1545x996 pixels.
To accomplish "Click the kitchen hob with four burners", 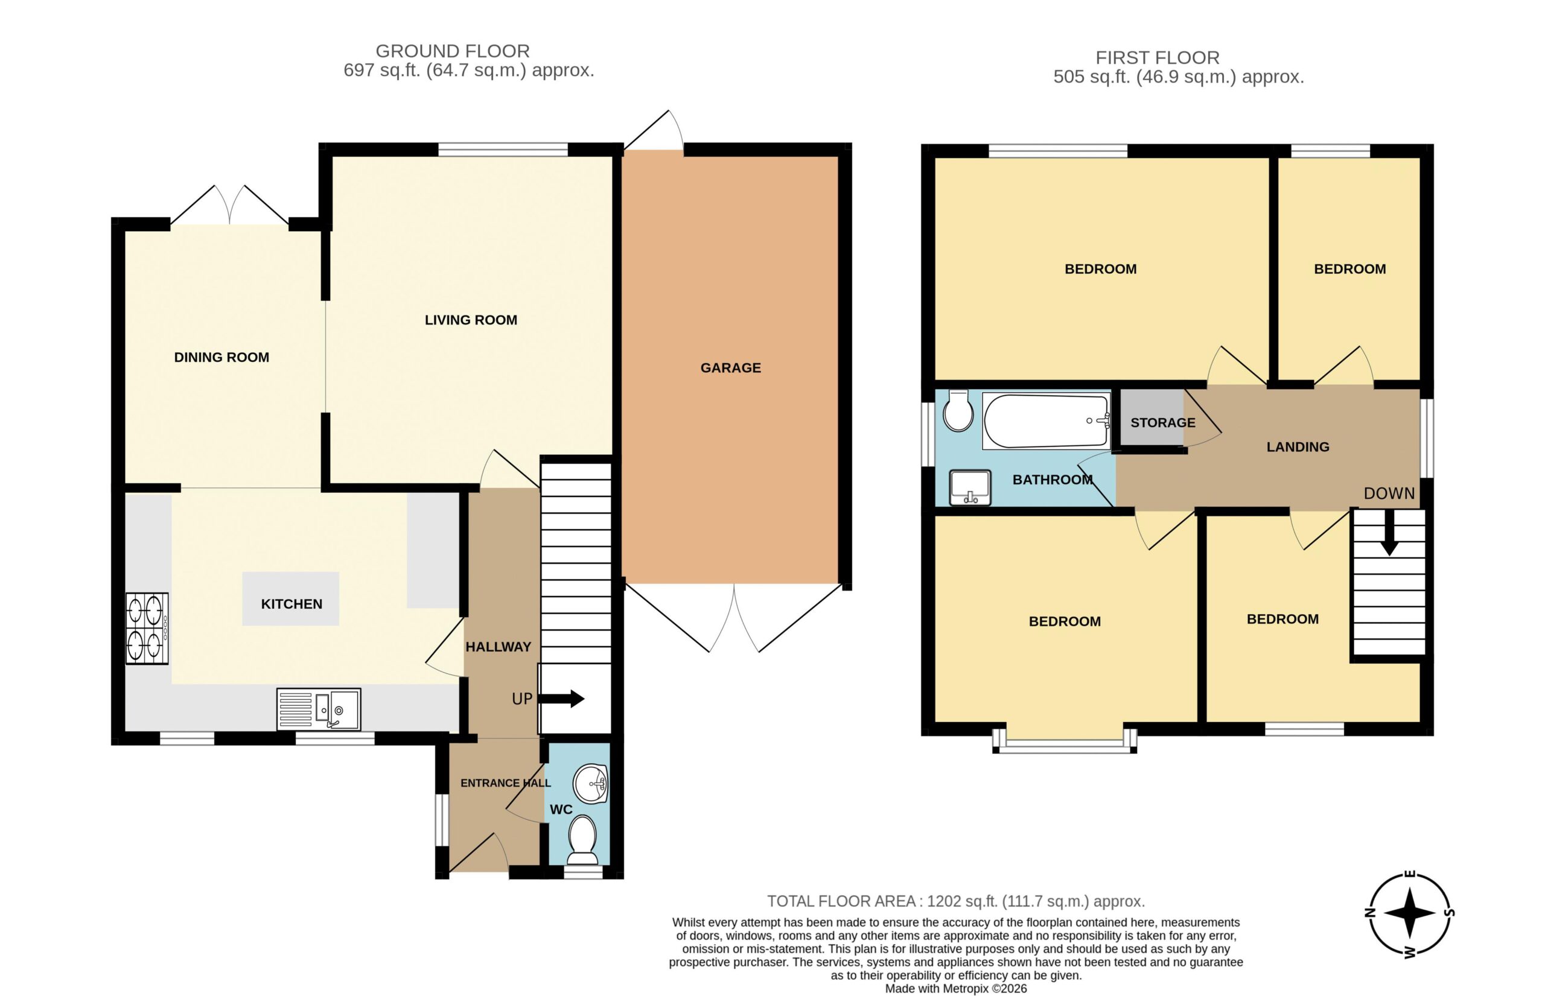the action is click(147, 628).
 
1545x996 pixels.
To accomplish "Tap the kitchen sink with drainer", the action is click(318, 709).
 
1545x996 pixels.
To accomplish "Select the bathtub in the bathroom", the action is click(1046, 420).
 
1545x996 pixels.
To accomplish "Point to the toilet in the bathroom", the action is click(958, 410).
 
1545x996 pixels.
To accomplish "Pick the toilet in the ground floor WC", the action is click(582, 840).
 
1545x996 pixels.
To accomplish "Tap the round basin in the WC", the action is click(590, 784).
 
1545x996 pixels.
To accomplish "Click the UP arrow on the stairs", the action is click(561, 699).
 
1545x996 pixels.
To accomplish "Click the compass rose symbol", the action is click(1410, 913).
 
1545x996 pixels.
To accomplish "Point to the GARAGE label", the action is click(730, 368).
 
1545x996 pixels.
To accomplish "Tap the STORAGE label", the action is click(1162, 423).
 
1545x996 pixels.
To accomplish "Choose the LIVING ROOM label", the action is click(471, 320).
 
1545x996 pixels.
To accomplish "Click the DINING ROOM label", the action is click(221, 357).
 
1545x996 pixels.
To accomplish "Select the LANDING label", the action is click(1298, 447).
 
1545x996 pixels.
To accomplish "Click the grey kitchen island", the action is click(290, 598).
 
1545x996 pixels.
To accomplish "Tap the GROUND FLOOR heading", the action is click(453, 51).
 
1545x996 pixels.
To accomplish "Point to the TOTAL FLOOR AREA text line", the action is click(956, 901).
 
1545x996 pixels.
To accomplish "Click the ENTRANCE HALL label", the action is click(505, 782).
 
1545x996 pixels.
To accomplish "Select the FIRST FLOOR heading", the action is click(1158, 57).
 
